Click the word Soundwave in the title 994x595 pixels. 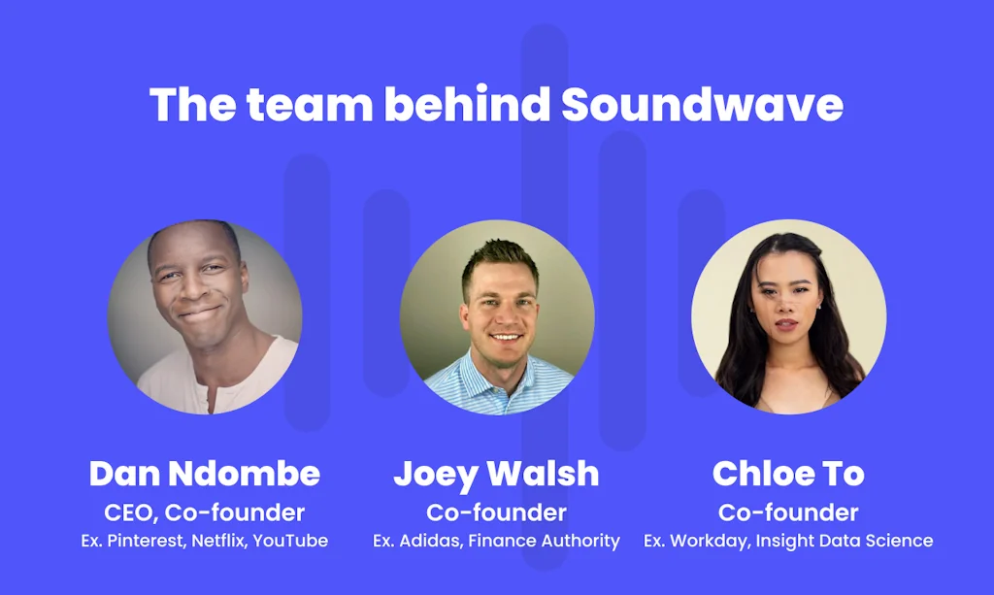[702, 105]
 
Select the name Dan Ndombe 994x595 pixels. [204, 474]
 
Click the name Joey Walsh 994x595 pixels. [496, 474]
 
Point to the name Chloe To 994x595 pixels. [788, 474]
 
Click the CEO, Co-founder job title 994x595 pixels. [204, 512]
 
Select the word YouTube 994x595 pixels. [290, 541]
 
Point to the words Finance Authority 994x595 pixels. [544, 541]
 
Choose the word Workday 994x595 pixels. [706, 541]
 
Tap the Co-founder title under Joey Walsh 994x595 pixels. [496, 512]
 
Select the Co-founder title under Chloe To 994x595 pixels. [788, 512]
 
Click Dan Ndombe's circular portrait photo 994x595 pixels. [204, 317]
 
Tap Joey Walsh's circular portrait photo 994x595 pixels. [496, 317]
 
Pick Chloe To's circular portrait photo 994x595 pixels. [788, 317]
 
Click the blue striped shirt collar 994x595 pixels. [496, 373]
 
